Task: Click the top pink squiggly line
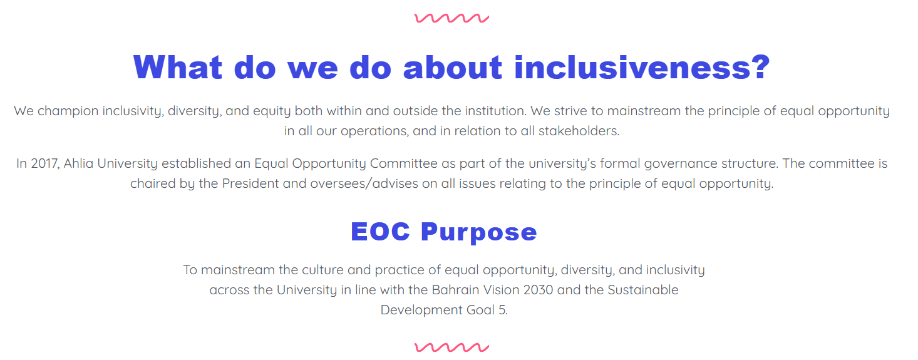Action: pyautogui.click(x=451, y=18)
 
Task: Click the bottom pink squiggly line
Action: pyautogui.click(x=451, y=347)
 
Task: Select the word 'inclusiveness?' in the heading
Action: pyautogui.click(x=642, y=67)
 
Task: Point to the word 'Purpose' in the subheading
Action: pyautogui.click(x=479, y=233)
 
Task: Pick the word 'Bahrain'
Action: pyautogui.click(x=456, y=290)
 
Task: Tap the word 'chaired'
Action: pyautogui.click(x=152, y=184)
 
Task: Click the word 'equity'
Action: pyautogui.click(x=271, y=111)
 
